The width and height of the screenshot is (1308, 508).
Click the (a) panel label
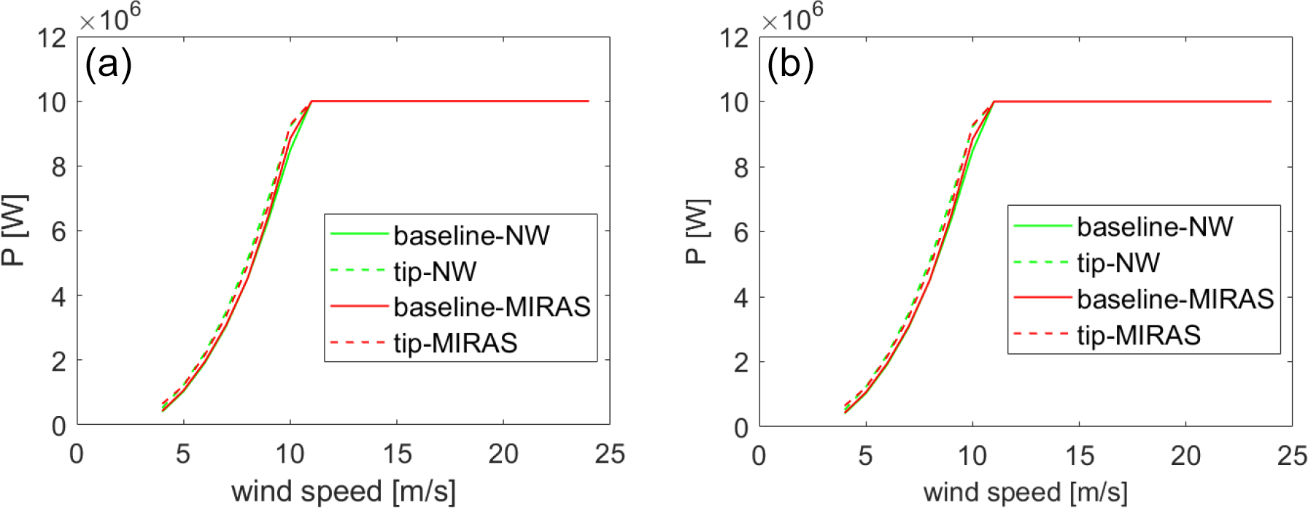[108, 64]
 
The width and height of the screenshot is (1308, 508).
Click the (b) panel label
[790, 64]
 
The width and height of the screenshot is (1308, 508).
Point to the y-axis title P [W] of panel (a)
[15, 230]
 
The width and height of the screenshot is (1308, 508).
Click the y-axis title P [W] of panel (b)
[697, 231]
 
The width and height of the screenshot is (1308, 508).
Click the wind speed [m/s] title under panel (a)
[343, 492]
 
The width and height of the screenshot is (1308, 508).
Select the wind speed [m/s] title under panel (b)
[1025, 492]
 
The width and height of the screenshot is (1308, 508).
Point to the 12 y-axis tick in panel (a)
[52, 38]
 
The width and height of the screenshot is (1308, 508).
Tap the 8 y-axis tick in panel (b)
[741, 168]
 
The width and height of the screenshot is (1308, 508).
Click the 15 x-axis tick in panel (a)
[397, 455]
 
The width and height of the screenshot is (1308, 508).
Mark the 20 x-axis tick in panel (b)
[1185, 455]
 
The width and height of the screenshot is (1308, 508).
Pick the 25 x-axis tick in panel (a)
[610, 455]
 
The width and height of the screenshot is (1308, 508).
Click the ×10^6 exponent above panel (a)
[110, 18]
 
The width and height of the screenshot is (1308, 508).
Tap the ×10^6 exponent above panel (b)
[792, 18]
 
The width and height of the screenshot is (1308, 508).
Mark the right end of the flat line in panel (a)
[588, 101]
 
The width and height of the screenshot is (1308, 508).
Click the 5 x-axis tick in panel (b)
[865, 455]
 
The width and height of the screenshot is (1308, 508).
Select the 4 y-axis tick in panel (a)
[58, 296]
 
